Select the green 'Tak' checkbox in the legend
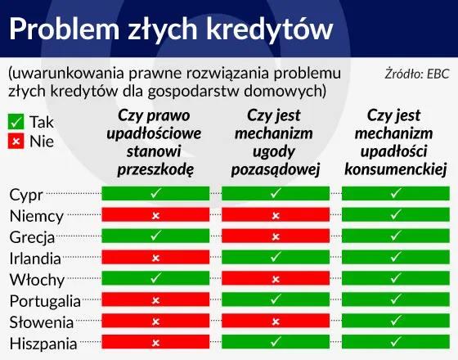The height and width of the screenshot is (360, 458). pyautogui.click(x=16, y=122)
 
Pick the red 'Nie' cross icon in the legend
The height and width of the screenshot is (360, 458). pyautogui.click(x=16, y=141)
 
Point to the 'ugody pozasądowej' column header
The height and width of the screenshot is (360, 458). pyautogui.click(x=275, y=142)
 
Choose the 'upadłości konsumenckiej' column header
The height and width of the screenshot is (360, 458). pyautogui.click(x=394, y=142)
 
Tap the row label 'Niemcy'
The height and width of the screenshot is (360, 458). pyautogui.click(x=37, y=216)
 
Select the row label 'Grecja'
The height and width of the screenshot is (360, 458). pyautogui.click(x=33, y=237)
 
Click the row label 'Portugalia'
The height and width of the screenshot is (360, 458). pyautogui.click(x=45, y=301)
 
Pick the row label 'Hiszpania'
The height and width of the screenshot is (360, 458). pyautogui.click(x=43, y=344)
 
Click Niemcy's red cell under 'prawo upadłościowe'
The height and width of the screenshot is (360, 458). pyautogui.click(x=155, y=215)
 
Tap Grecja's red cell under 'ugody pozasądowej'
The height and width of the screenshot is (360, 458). pyautogui.click(x=276, y=236)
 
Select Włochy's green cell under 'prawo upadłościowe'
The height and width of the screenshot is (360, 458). pyautogui.click(x=155, y=279)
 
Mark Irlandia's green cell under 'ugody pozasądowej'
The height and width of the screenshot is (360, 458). pyautogui.click(x=276, y=258)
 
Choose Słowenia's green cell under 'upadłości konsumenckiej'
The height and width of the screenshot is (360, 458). pyautogui.click(x=395, y=322)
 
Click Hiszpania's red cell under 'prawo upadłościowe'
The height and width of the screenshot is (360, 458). pyautogui.click(x=155, y=343)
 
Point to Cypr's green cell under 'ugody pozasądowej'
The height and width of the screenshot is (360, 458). pyautogui.click(x=276, y=194)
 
